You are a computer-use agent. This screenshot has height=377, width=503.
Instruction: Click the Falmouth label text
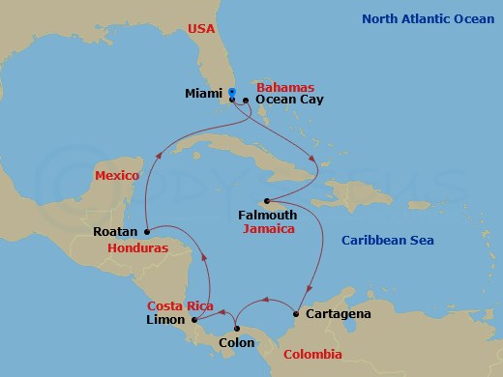[x=267, y=215]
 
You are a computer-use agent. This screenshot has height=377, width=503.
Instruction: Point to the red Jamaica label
[x=268, y=230]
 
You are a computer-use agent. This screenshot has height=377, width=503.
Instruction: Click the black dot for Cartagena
[x=296, y=314]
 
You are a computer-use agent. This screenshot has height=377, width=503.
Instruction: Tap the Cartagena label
[x=337, y=314]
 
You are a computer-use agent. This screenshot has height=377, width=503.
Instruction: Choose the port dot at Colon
[x=237, y=328]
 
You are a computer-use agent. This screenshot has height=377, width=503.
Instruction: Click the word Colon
[x=237, y=341]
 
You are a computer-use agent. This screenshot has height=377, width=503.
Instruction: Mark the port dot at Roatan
[x=145, y=231]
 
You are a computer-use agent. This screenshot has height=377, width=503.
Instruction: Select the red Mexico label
[x=117, y=175]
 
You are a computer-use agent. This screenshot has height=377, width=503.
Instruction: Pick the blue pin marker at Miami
[x=232, y=93]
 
